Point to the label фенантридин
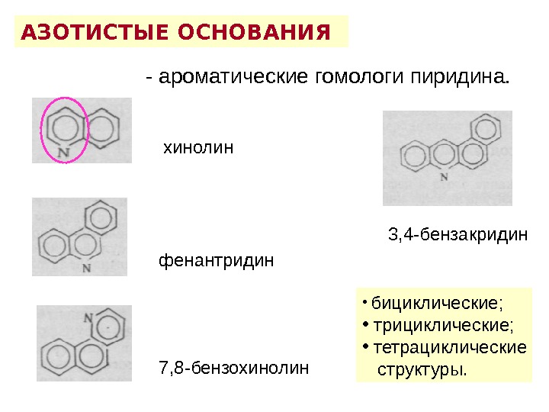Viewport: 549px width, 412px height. [x=215, y=261]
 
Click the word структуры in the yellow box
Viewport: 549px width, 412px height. [x=422, y=370]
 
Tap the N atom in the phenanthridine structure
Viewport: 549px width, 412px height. [x=87, y=269]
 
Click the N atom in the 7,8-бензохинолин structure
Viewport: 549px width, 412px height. [x=88, y=318]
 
